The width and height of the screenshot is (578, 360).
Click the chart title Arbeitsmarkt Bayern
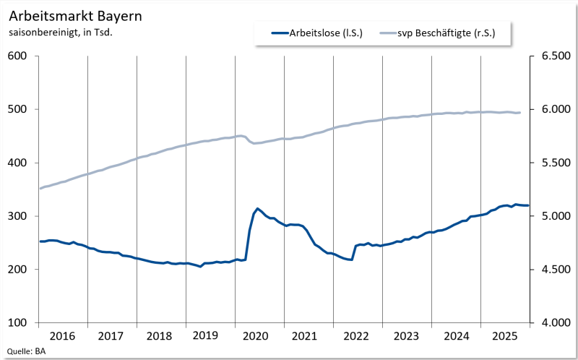point(66,14)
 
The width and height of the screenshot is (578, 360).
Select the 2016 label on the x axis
point(63,336)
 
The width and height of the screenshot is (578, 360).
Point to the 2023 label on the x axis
point(407,336)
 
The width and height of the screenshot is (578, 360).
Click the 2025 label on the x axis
point(505,336)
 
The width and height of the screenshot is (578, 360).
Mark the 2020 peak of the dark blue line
point(258,208)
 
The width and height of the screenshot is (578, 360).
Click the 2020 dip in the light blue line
point(254,143)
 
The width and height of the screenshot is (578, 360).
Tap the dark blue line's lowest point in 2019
point(201,267)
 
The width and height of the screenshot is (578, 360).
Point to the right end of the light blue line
point(520,113)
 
